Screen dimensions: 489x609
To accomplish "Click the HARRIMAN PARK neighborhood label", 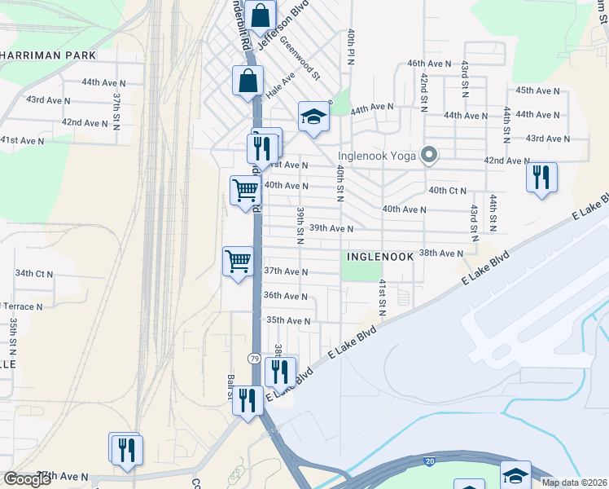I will coord(49,55).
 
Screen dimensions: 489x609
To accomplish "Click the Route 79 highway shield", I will coord(255,359).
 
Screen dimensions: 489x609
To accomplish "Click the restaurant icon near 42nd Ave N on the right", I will coord(541,178).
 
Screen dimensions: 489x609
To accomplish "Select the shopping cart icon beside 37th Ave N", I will coord(238,262).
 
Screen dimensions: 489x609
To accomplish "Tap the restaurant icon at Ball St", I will coord(247,401).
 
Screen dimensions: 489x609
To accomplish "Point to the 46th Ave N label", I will coord(429,63).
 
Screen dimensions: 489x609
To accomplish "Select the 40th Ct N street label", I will coord(447,191).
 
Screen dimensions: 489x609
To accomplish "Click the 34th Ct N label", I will coord(33,274).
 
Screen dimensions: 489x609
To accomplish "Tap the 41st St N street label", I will coord(381,297).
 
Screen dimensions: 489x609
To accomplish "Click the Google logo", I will coord(28,479).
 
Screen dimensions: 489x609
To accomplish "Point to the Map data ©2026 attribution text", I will coord(573,482).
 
